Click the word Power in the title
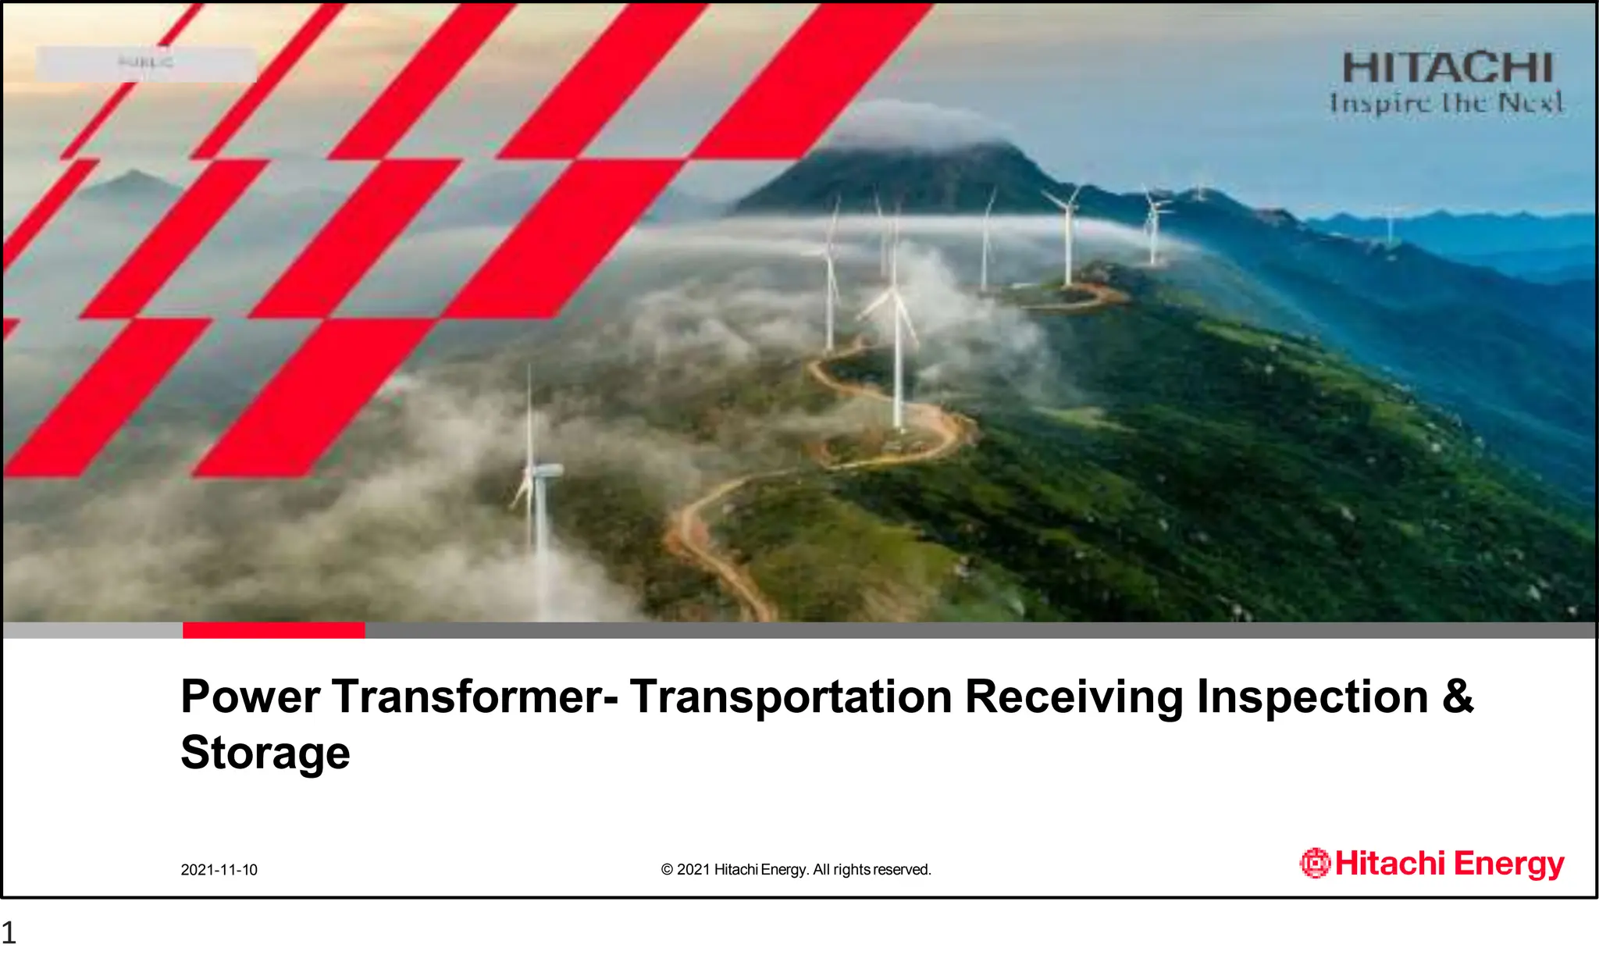click(250, 697)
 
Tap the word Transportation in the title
click(790, 697)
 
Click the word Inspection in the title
click(1312, 697)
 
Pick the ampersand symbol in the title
click(1458, 697)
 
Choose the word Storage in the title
click(265, 753)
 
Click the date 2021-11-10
click(219, 870)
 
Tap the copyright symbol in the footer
click(667, 870)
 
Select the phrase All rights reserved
click(872, 870)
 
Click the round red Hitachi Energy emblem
click(1315, 863)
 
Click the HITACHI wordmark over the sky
click(1448, 69)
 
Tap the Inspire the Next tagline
click(1446, 103)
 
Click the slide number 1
click(9, 933)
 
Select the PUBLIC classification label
click(146, 62)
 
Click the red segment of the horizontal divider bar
click(273, 630)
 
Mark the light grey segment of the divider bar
click(92, 630)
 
